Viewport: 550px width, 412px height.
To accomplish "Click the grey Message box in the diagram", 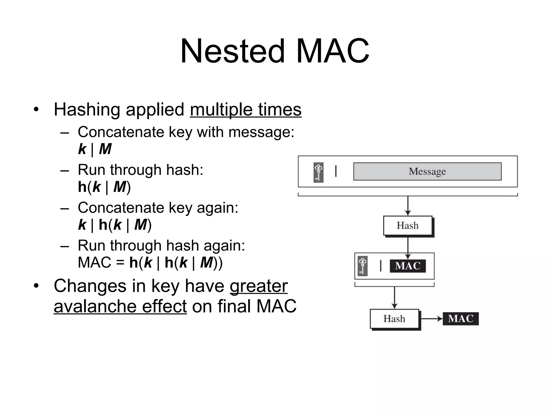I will tap(427, 171).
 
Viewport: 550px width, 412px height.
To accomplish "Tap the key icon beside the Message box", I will tap(319, 172).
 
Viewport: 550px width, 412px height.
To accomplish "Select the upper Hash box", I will tap(408, 226).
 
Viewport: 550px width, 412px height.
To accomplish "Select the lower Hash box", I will tap(394, 319).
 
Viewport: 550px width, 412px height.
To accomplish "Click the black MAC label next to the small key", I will tap(408, 266).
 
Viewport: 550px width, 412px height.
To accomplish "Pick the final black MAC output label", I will tap(461, 319).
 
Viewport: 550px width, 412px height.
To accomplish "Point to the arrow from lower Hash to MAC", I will tap(431, 319).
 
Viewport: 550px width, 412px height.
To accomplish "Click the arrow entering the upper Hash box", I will tap(408, 206).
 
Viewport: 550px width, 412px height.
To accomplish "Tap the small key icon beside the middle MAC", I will tap(363, 266).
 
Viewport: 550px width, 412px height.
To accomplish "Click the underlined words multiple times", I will tap(245, 110).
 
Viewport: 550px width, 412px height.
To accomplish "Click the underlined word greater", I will tap(259, 286).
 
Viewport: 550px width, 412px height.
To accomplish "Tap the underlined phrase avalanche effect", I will tap(120, 306).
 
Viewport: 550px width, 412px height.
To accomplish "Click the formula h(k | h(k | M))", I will tap(176, 262).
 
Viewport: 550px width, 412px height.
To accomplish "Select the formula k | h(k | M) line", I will tap(115, 225).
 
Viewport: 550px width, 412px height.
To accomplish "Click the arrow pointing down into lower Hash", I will tap(394, 298).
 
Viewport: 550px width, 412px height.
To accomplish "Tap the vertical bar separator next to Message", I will tap(336, 171).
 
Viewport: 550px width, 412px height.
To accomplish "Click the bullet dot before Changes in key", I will tap(36, 286).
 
